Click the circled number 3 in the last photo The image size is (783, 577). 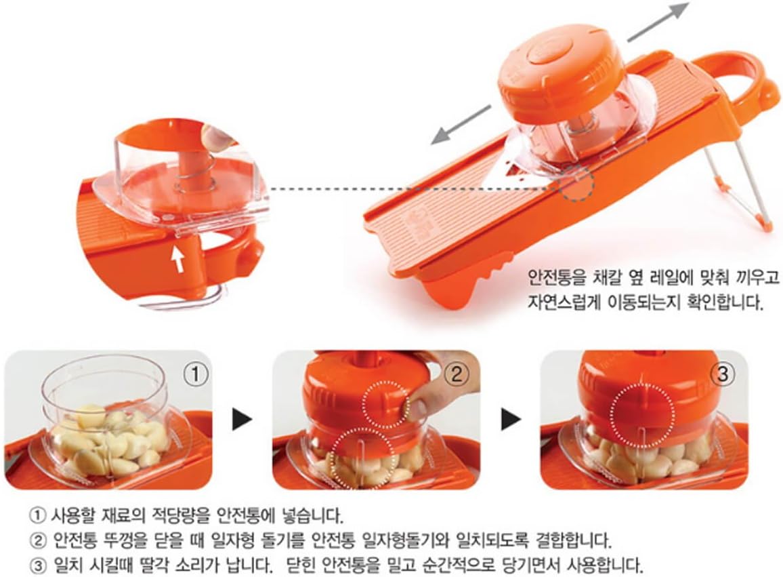[x=724, y=372]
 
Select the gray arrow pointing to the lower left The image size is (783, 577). [x=461, y=123]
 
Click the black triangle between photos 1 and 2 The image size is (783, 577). [x=241, y=421]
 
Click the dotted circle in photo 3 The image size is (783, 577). [x=642, y=411]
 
